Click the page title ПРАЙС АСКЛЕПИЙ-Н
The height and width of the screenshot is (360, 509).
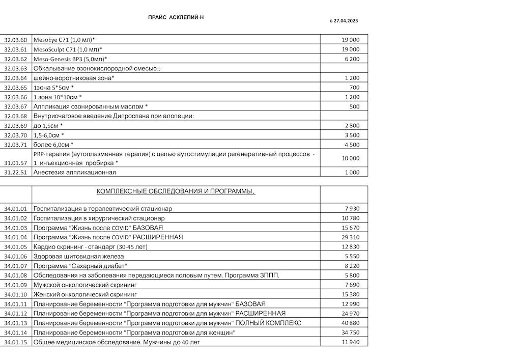pyautogui.click(x=176, y=17)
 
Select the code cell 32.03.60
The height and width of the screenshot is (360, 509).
pyautogui.click(x=15, y=40)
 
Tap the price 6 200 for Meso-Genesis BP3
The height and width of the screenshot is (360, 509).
pyautogui.click(x=352, y=59)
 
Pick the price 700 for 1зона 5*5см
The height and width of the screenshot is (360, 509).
pyautogui.click(x=354, y=88)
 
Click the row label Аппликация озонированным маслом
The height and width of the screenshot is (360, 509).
pyautogui.click(x=90, y=107)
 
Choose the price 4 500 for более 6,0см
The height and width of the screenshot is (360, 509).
pyautogui.click(x=352, y=145)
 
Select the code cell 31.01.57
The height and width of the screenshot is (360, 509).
pyautogui.click(x=15, y=163)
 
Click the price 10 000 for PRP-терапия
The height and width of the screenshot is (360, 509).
pyautogui.click(x=350, y=158)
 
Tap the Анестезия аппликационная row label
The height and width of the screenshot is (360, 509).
pyautogui.click(x=75, y=173)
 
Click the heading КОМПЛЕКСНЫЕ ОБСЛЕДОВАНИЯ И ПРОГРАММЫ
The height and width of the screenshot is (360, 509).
pyautogui.click(x=176, y=191)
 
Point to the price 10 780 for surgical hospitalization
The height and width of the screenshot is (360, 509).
pyautogui.click(x=350, y=218)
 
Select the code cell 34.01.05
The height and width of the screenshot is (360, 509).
pyautogui.click(x=15, y=247)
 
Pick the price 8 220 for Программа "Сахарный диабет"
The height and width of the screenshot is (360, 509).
pyautogui.click(x=352, y=266)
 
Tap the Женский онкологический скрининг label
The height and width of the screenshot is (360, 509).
pyautogui.click(x=85, y=294)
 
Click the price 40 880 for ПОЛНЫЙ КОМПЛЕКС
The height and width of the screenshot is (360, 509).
pyautogui.click(x=350, y=323)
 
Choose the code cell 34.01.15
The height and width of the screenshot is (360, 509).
pyautogui.click(x=15, y=342)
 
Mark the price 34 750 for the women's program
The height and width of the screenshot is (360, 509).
pyautogui.click(x=350, y=333)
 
